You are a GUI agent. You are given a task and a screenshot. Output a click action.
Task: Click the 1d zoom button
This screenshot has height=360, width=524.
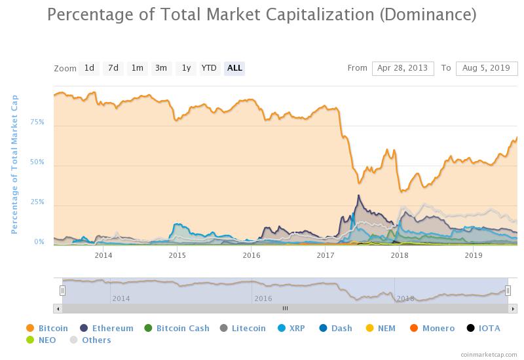(89, 68)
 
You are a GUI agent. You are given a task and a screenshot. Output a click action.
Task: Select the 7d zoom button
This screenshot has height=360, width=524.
(113, 68)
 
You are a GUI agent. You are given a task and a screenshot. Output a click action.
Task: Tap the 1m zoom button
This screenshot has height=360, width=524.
(137, 68)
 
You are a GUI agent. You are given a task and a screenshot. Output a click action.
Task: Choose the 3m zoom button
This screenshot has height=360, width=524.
(161, 68)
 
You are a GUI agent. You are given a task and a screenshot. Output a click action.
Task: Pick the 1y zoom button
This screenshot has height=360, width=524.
(186, 68)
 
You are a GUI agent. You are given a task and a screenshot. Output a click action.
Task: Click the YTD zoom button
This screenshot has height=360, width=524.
(209, 68)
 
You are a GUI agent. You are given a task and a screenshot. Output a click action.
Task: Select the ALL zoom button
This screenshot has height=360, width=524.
(234, 68)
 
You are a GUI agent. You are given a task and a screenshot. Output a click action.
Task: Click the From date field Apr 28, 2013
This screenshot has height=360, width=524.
(403, 68)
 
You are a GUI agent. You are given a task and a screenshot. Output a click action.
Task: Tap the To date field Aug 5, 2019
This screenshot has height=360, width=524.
(487, 68)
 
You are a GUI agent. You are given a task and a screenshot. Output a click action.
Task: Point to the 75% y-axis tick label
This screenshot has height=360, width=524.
(37, 122)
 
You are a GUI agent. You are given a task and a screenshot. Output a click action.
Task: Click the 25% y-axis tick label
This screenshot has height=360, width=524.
(37, 202)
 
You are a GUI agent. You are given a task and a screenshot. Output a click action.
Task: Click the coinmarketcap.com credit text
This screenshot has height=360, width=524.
(488, 354)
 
